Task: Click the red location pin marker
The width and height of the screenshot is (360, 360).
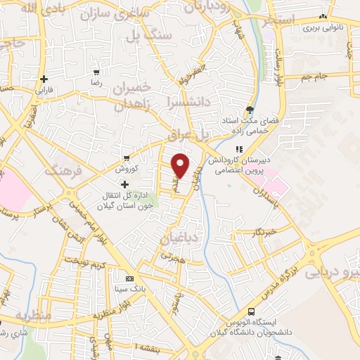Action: tap(181, 165)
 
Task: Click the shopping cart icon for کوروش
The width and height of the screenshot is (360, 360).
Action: tap(126, 157)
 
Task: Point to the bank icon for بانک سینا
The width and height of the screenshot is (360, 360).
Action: tap(129, 277)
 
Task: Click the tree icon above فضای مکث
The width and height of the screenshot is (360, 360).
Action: tap(250, 109)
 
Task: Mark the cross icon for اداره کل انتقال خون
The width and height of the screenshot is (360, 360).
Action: tap(125, 184)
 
